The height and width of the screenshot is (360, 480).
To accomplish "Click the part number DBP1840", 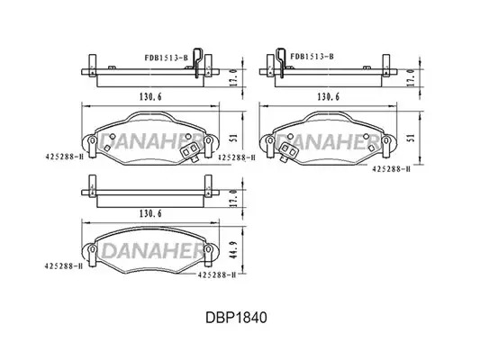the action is click(x=236, y=318).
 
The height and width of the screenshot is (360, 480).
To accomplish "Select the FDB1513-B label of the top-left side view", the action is click(x=167, y=58).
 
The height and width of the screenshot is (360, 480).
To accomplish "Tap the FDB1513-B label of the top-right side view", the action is click(x=312, y=57).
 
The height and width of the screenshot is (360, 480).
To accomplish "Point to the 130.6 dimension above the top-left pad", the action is click(x=150, y=96).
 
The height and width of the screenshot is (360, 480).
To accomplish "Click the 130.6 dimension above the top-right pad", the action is click(x=329, y=96).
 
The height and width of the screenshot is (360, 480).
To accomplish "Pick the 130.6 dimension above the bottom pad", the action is click(x=150, y=213).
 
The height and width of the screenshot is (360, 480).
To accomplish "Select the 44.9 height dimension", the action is click(x=233, y=250).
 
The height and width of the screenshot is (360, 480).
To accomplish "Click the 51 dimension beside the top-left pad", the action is click(x=233, y=138).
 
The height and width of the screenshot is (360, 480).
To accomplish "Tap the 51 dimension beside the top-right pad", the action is click(x=412, y=138).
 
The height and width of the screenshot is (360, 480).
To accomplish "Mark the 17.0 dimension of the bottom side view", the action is click(x=233, y=198).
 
